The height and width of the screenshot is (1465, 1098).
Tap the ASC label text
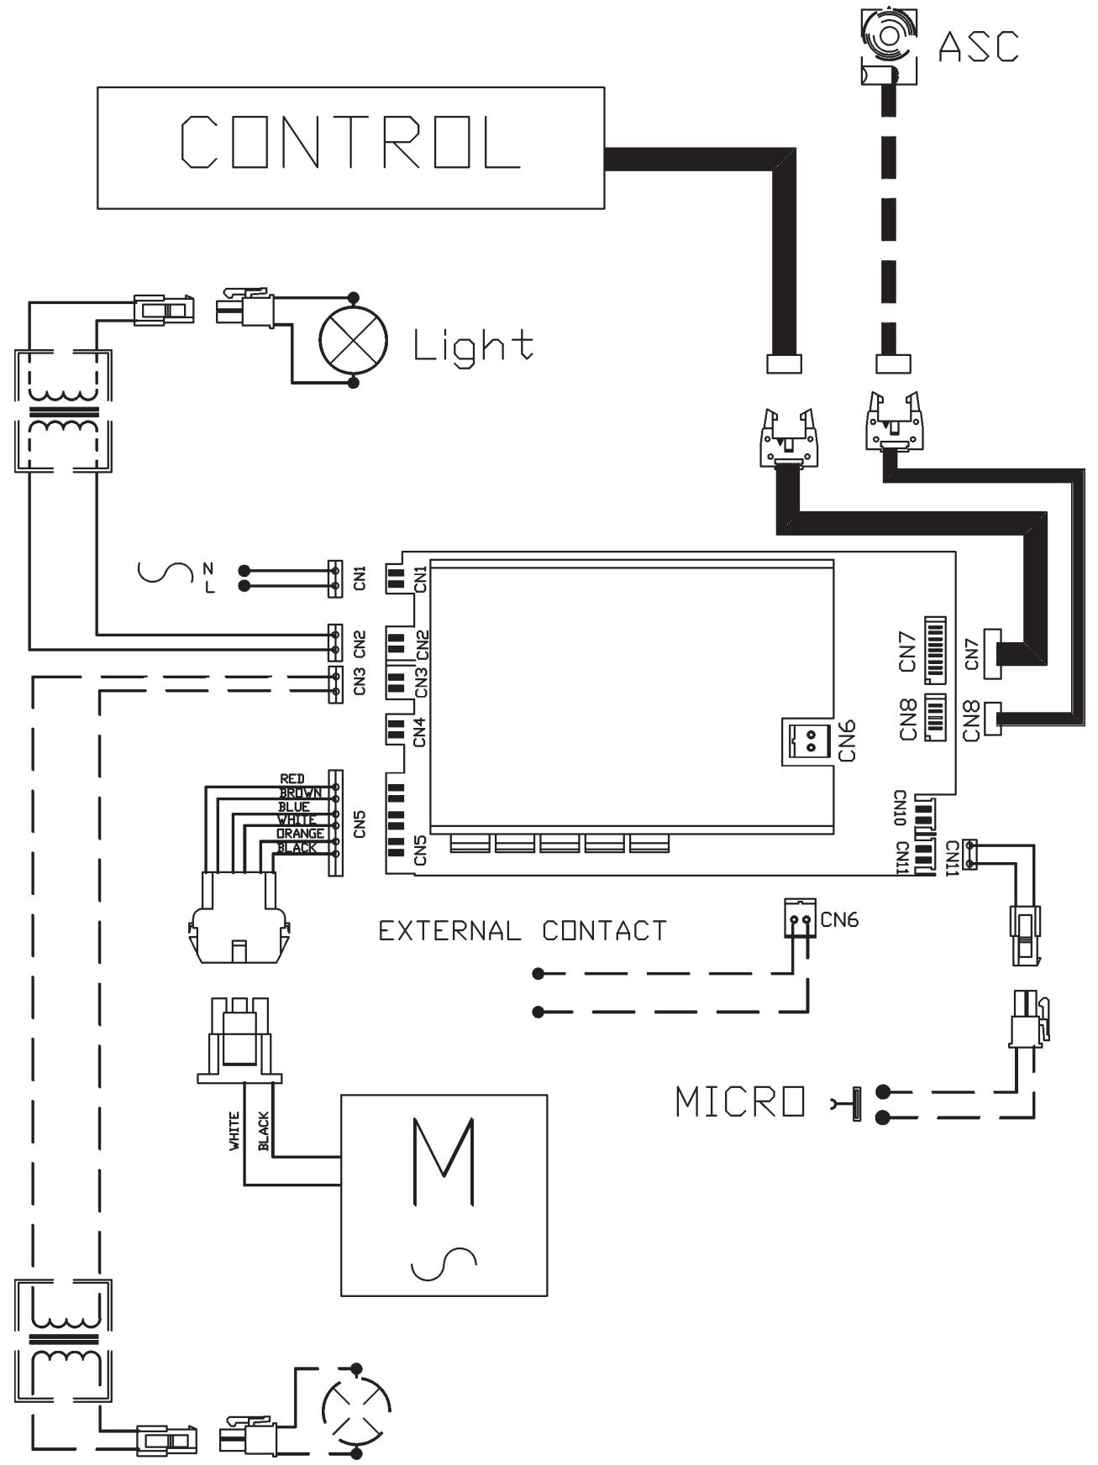978,46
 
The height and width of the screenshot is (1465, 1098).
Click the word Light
473,345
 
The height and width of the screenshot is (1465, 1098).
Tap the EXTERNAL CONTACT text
523,931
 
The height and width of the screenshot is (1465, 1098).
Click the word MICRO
740,1102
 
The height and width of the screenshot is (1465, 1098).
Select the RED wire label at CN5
292,779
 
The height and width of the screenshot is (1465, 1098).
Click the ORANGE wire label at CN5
300,834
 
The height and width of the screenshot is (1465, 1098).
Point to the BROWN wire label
300,793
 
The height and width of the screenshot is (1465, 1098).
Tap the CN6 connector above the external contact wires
799,918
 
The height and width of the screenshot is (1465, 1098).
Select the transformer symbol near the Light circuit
62,411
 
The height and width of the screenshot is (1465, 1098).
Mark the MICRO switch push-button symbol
848,1104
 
